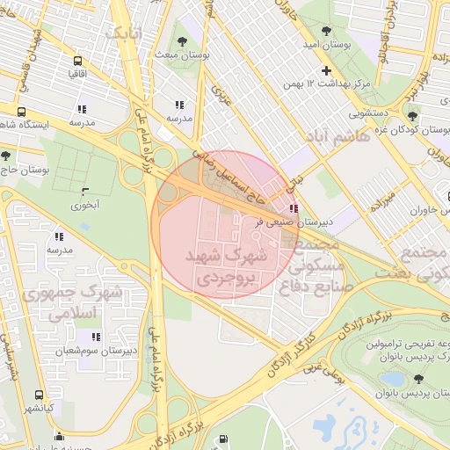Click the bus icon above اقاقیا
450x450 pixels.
click(x=78, y=62)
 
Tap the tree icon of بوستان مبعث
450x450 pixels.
click(x=182, y=40)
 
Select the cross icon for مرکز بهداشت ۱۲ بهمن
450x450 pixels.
click(x=327, y=70)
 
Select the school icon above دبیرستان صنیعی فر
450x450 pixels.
click(x=293, y=208)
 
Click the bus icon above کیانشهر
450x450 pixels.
click(x=39, y=396)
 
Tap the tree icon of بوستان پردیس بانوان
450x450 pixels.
click(x=417, y=379)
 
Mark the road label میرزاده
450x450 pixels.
click(x=384, y=192)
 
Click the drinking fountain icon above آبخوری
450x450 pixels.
click(x=85, y=191)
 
